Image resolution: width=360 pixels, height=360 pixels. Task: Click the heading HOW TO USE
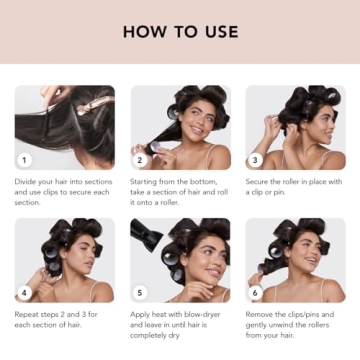[180, 31]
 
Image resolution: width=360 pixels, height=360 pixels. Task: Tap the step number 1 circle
[25, 159]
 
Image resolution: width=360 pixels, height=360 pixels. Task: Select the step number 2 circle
[140, 159]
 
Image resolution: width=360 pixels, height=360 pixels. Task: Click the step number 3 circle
[255, 159]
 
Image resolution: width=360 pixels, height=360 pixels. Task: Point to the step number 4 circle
[25, 293]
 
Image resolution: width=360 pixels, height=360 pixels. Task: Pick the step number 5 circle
[140, 293]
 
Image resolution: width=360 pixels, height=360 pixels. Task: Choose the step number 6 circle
[255, 293]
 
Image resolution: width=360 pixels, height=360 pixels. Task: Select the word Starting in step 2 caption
[146, 182]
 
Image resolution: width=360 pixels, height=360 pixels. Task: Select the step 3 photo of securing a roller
[295, 127]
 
